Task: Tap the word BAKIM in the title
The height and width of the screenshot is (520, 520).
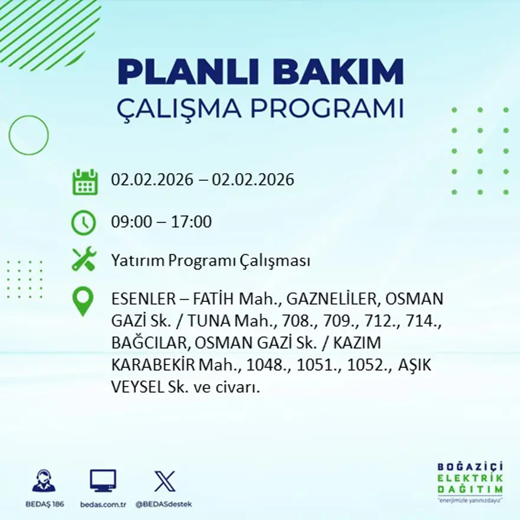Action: [x=340, y=72]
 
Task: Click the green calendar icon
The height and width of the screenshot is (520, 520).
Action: [x=85, y=181]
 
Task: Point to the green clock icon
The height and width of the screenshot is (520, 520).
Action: [x=83, y=223]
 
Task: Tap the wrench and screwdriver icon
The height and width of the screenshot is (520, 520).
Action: [x=83, y=259]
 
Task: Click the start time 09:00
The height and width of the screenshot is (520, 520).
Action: [x=130, y=223]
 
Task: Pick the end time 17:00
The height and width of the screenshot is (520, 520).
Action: [x=191, y=223]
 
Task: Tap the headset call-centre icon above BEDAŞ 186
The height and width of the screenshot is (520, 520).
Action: [x=44, y=481]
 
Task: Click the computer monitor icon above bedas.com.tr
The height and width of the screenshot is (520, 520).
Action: [x=103, y=481]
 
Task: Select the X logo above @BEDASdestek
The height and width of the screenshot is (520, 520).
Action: [x=164, y=481]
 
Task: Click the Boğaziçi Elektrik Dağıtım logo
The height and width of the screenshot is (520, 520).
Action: [x=470, y=481]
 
